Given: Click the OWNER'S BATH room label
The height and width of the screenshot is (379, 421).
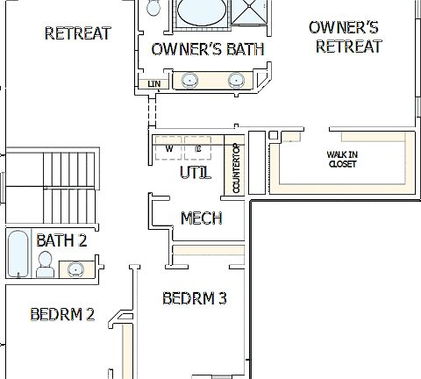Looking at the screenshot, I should click(x=207, y=49).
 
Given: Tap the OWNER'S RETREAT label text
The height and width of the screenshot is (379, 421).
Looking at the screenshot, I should click(x=348, y=37).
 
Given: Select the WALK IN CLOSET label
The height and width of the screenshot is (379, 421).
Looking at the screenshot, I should click(x=342, y=159).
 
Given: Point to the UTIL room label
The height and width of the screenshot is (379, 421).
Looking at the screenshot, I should click(x=195, y=173).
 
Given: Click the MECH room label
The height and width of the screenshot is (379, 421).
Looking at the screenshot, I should click(x=200, y=218).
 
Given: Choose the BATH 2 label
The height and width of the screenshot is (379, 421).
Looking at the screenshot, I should click(x=61, y=240).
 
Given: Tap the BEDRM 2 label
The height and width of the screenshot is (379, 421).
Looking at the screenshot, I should click(x=61, y=314).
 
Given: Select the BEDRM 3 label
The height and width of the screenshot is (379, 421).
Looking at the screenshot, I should click(x=195, y=298).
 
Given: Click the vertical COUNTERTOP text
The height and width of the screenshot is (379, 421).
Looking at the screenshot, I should click(x=237, y=168).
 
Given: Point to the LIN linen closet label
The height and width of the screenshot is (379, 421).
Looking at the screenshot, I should click(x=154, y=84).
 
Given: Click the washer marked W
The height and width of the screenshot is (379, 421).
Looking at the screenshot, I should click(x=169, y=147).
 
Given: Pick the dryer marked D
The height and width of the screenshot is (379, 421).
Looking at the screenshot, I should click(x=199, y=147).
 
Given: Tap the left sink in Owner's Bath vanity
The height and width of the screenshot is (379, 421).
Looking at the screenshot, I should click(x=189, y=81).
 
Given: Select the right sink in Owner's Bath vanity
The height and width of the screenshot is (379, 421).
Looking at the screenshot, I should click(x=235, y=81).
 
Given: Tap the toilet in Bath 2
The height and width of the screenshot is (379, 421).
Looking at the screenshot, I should click(x=45, y=261).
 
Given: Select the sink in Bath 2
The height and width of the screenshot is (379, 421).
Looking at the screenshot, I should click(x=77, y=268).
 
